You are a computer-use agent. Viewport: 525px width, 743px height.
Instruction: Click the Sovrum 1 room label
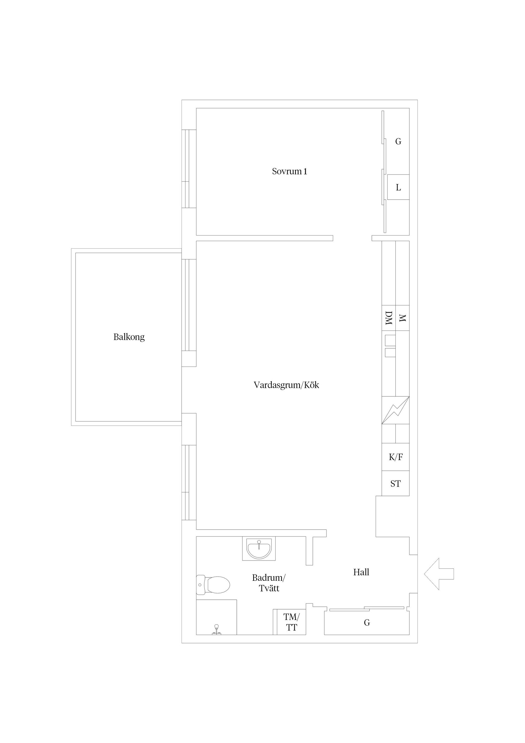pos(289,171)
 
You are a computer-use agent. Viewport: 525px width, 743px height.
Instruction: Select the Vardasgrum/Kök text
pos(286,385)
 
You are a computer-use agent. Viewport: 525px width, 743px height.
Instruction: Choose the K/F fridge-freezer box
pos(396,457)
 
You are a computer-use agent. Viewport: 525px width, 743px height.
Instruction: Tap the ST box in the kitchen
pos(395,483)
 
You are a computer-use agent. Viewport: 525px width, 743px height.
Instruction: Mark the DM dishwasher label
pos(389,318)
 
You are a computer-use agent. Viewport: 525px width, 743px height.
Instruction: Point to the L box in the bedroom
pos(398,187)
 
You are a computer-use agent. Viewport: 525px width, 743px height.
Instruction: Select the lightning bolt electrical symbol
pos(395,410)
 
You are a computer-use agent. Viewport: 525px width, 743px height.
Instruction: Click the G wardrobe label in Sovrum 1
pos(398,141)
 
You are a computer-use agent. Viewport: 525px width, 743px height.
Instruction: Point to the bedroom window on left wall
pos(189,169)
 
